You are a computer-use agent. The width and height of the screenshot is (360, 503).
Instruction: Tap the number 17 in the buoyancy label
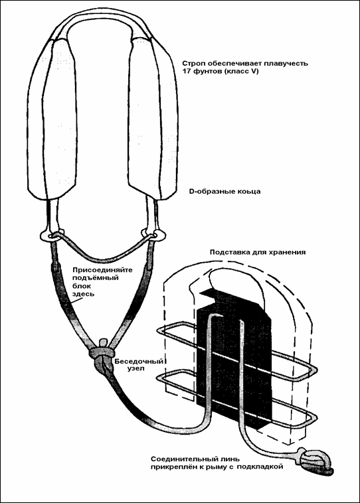tap(187, 72)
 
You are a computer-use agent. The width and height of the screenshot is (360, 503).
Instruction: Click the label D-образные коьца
tap(225, 192)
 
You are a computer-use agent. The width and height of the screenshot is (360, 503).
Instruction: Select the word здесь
tap(83, 294)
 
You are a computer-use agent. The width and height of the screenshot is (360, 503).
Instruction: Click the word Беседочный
tap(139, 362)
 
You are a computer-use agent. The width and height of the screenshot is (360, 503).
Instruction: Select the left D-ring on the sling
tap(52, 236)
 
